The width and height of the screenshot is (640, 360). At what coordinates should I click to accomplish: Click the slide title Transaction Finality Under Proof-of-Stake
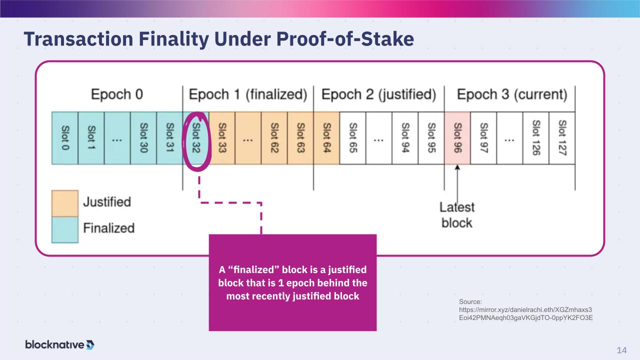coord(219,39)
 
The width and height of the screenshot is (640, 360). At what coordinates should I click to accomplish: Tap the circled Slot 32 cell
coord(196,138)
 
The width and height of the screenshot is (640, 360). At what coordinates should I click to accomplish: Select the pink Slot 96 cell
coord(457,138)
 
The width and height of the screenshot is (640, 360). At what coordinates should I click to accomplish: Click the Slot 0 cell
coord(65,138)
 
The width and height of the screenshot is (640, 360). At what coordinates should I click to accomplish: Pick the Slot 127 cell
coord(562,138)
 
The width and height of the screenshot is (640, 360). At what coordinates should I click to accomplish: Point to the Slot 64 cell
coord(326,138)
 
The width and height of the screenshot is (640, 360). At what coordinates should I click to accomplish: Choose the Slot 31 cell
coord(169,138)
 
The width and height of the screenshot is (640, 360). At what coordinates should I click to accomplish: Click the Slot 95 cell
coord(431,138)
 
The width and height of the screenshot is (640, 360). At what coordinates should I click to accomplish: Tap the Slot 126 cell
coord(535,138)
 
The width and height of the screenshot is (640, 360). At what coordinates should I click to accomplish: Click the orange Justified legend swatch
coord(65,203)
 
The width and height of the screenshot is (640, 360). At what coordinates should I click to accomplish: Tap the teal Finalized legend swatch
coord(65,229)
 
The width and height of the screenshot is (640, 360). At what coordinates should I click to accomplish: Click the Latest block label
coord(457,215)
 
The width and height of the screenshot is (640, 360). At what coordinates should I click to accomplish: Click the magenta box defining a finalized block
coord(292,282)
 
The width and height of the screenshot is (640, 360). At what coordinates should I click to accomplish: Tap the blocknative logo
coord(59,344)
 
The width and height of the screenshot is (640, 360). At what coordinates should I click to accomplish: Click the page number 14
coord(621,350)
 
